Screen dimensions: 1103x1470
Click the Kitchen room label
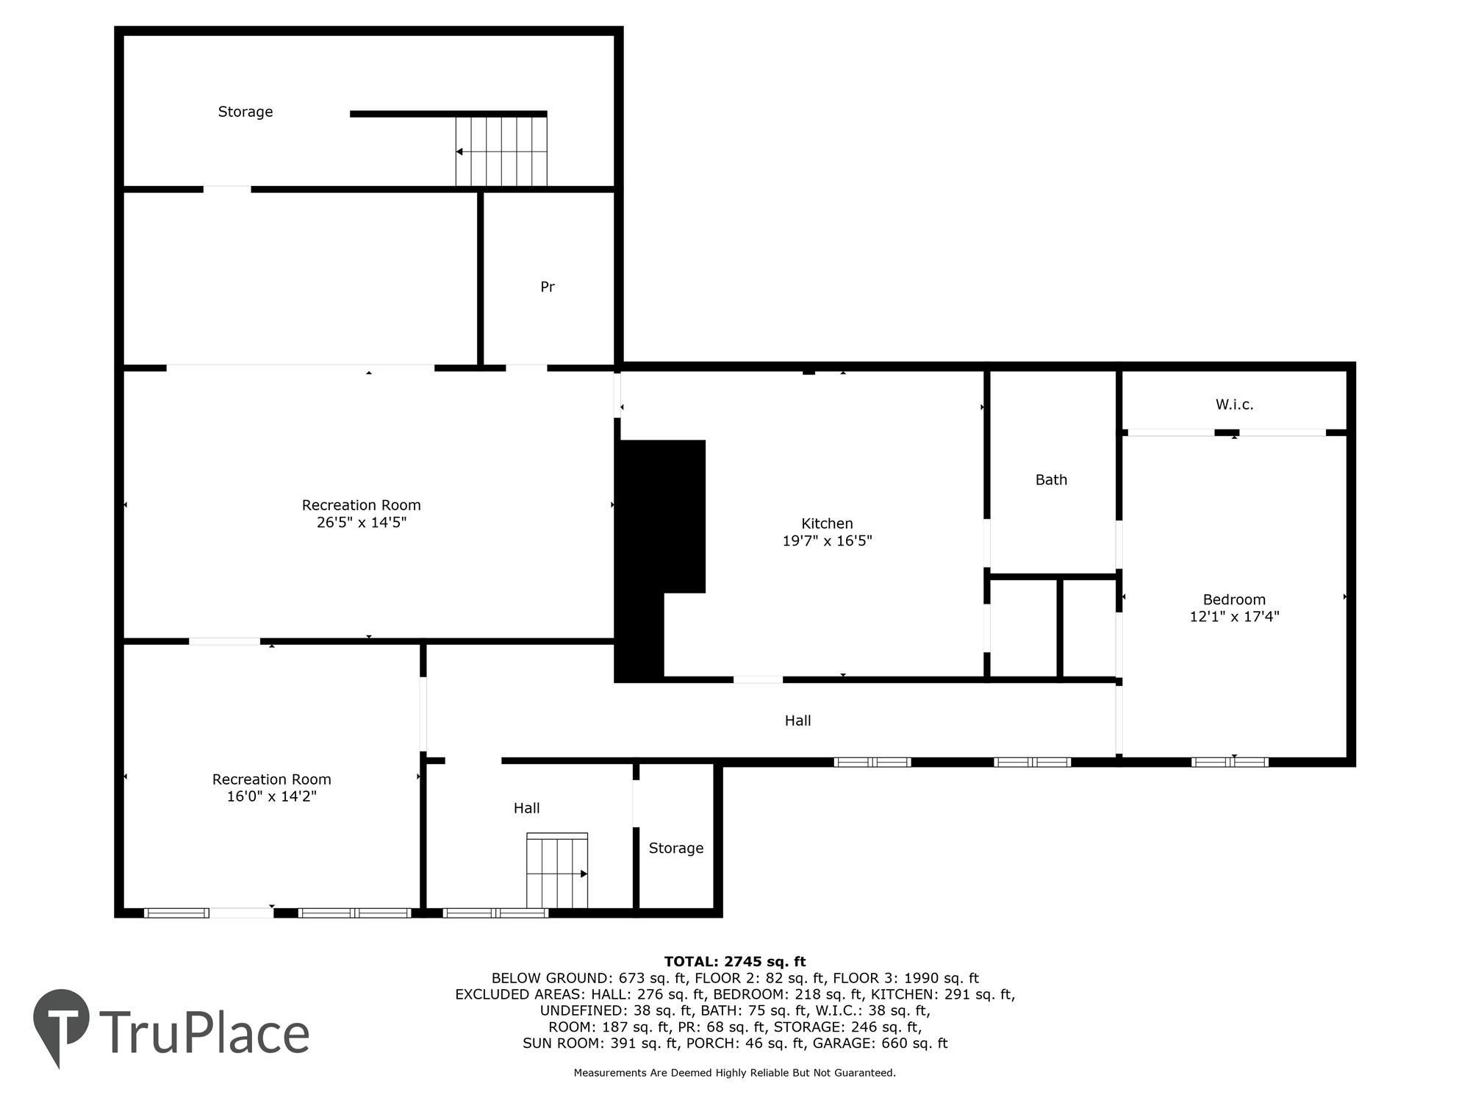pos(827,524)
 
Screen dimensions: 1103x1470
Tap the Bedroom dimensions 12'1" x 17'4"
pos(1234,617)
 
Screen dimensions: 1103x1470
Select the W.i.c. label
pos(1234,404)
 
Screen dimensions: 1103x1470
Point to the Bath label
pos(1051,480)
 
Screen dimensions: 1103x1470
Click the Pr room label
pos(547,287)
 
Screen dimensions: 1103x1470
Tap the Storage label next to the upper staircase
pos(245,112)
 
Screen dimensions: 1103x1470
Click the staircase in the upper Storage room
pos(501,151)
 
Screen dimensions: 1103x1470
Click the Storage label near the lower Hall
pos(675,849)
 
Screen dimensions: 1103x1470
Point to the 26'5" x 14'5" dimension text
pos(361,523)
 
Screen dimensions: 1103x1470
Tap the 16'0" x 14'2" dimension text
pos(271,796)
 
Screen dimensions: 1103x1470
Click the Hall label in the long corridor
pos(797,721)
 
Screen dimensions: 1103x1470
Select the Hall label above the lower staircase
pos(526,808)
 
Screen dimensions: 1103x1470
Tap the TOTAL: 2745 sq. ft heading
pos(735,961)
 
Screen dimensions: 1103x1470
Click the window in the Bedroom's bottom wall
pos(1230,762)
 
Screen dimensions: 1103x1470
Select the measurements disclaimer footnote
pos(735,1073)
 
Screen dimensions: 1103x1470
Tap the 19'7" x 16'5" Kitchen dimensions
pos(827,541)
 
